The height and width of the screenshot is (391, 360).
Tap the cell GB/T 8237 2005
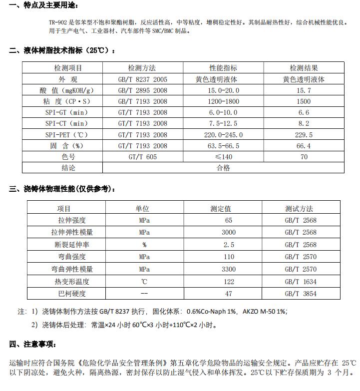tap(142, 79)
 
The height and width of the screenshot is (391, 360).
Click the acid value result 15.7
tap(304, 90)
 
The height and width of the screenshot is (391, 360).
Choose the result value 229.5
tap(304, 135)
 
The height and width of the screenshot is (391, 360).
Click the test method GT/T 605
tap(142, 157)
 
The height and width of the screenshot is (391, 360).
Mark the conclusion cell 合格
tap(223, 168)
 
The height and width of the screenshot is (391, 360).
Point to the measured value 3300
tap(229, 269)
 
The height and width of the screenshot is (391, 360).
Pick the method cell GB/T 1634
tap(301, 282)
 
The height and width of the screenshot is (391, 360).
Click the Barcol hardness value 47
tap(229, 294)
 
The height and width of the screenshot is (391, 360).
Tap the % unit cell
tap(144, 245)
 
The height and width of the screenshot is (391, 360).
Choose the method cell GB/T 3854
tap(301, 294)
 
